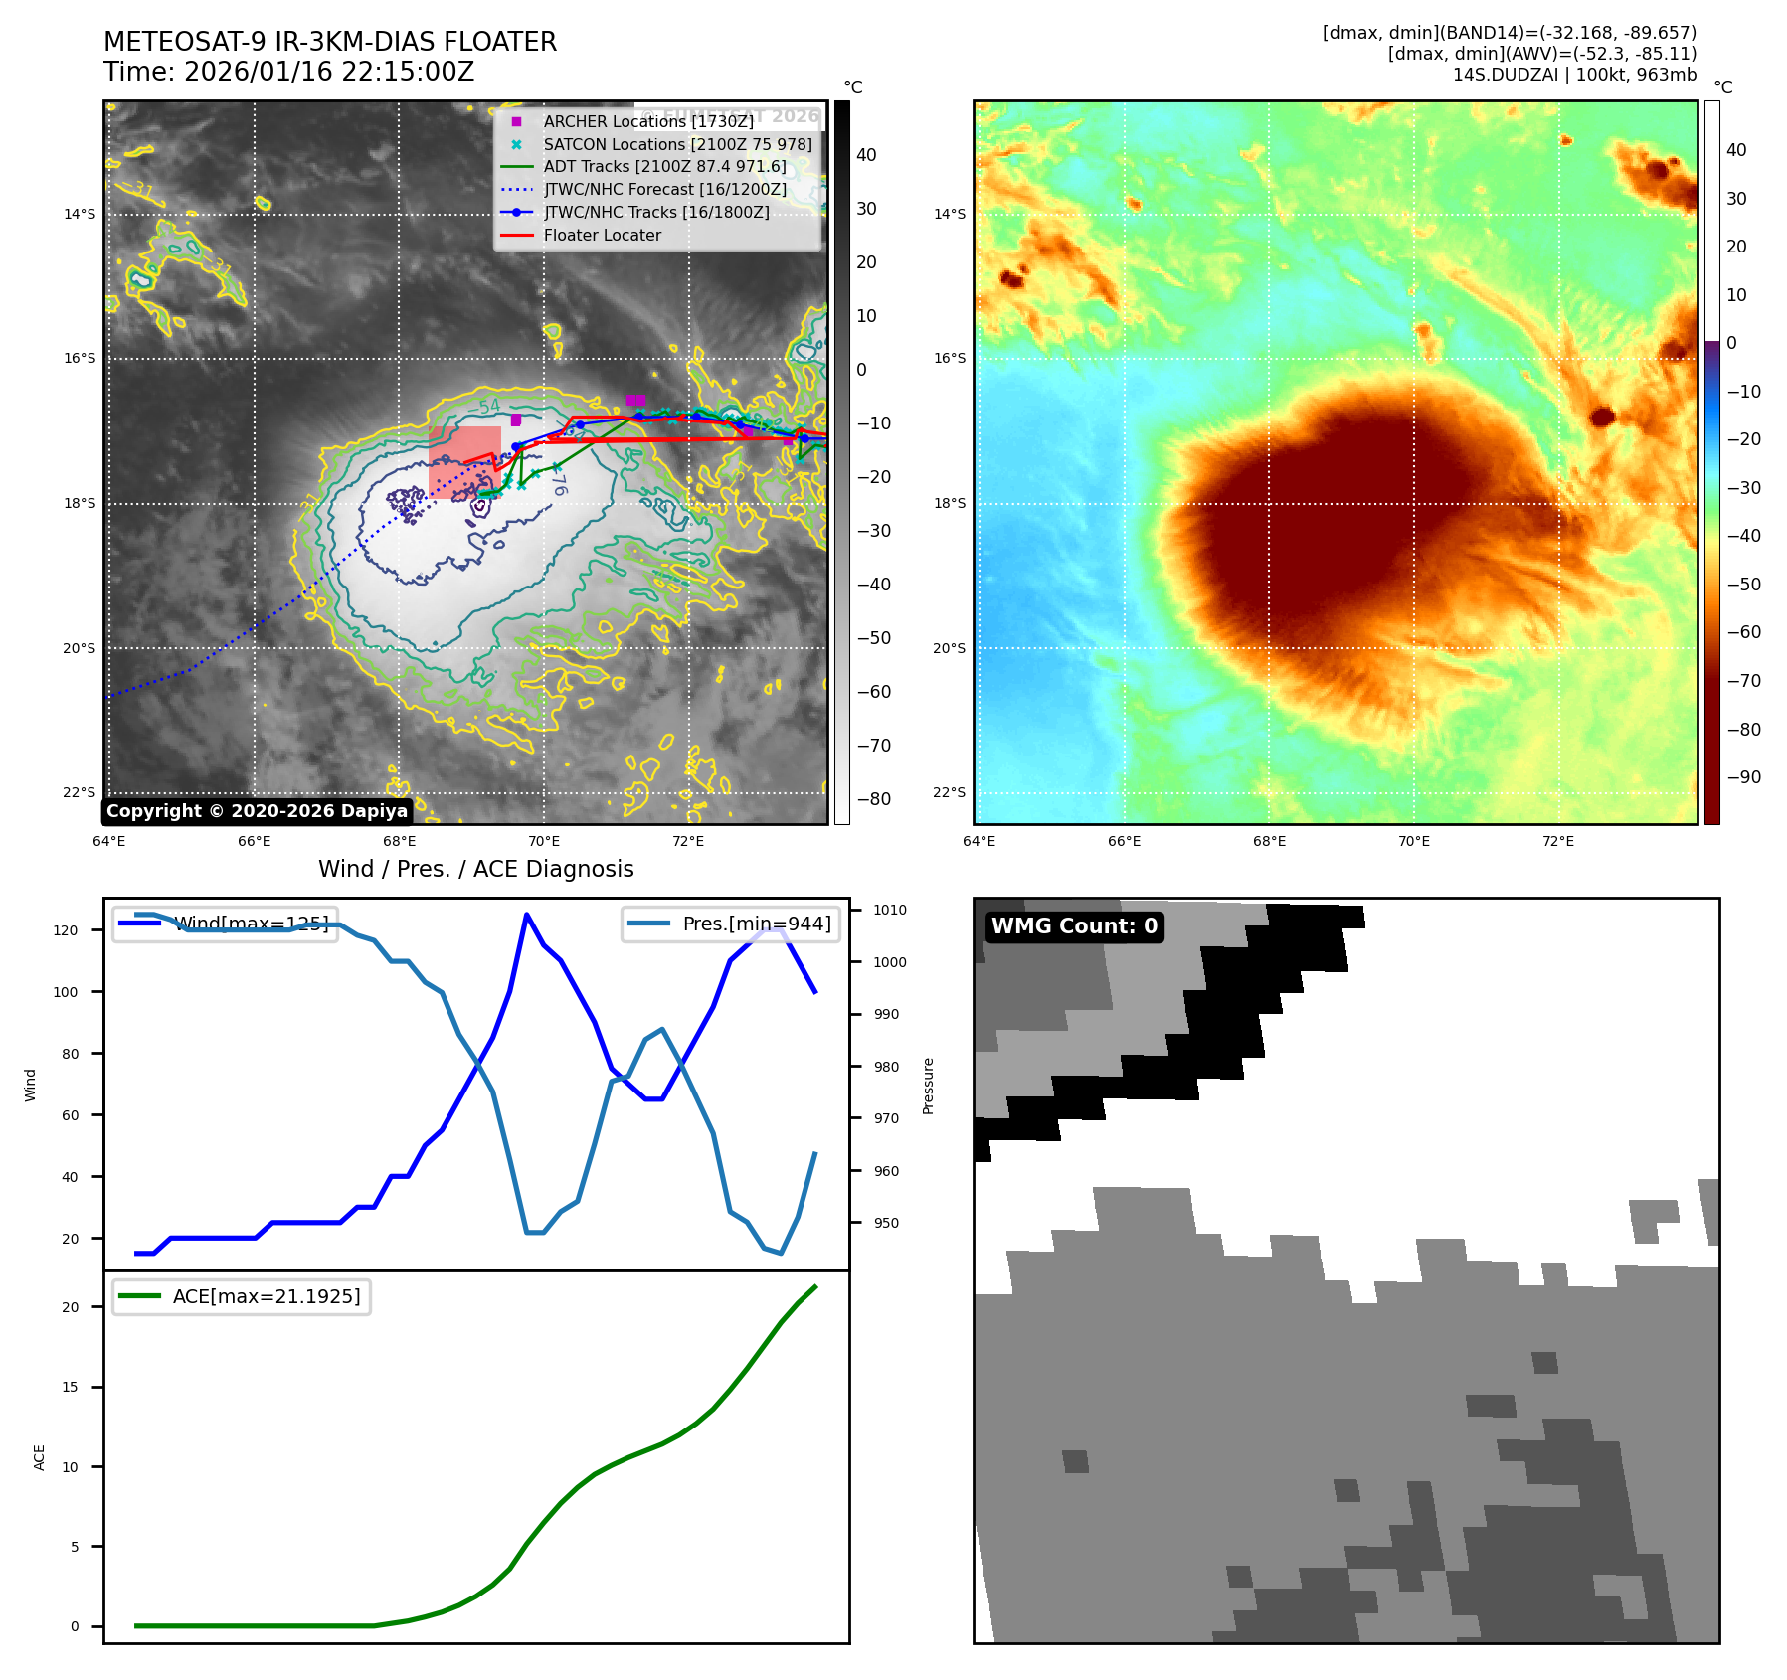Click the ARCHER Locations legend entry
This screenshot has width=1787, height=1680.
(x=648, y=121)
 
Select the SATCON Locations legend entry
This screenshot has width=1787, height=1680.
(x=677, y=144)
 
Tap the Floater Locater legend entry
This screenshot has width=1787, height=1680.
(x=602, y=236)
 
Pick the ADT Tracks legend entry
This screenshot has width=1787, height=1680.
(x=664, y=167)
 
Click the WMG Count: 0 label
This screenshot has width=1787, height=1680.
(x=1074, y=926)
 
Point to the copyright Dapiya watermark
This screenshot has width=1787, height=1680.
(x=257, y=811)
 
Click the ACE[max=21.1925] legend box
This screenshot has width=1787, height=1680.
(x=242, y=1296)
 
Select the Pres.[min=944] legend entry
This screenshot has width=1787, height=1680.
(x=757, y=924)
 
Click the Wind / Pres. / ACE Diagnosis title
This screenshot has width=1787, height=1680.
(x=475, y=869)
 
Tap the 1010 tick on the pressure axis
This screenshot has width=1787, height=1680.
(x=890, y=910)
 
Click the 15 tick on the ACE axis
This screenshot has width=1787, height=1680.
(x=70, y=1387)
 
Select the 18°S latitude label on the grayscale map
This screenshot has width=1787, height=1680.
(x=80, y=503)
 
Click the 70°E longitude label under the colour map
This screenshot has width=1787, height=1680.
(x=1413, y=841)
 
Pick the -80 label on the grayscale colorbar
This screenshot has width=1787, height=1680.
(x=873, y=799)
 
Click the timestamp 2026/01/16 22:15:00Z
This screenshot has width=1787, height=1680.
(x=329, y=73)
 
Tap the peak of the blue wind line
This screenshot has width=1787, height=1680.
(x=526, y=914)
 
